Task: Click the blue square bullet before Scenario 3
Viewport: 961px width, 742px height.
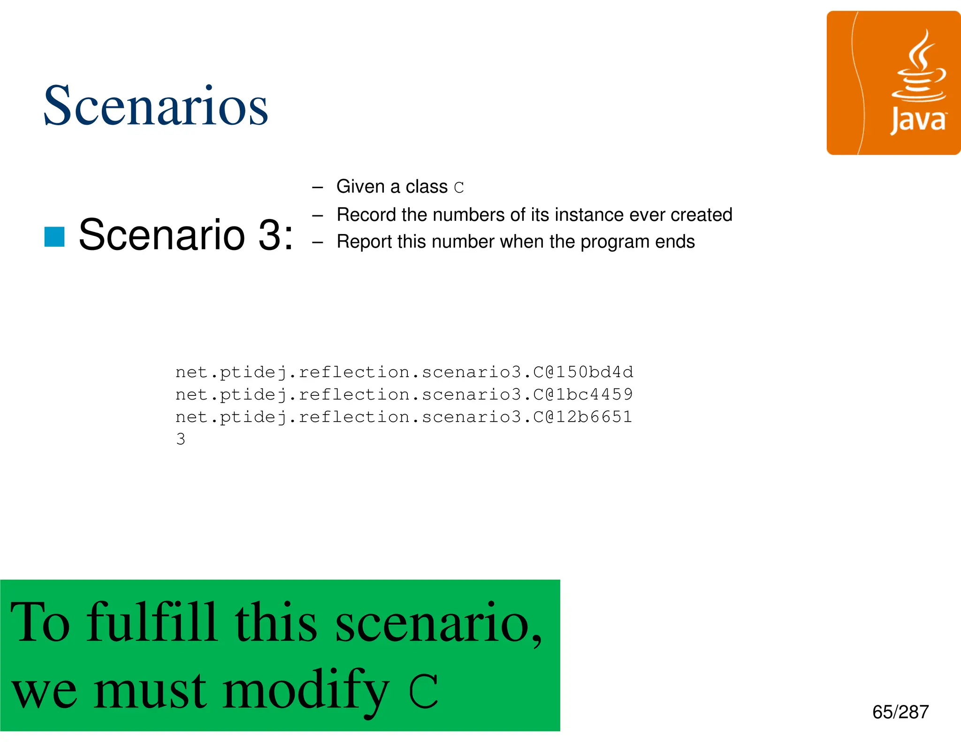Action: pyautogui.click(x=54, y=236)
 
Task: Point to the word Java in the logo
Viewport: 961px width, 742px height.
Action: pyautogui.click(x=918, y=121)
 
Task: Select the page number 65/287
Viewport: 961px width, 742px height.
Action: pyautogui.click(x=900, y=712)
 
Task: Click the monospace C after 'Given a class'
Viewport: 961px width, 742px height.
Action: pyautogui.click(x=459, y=188)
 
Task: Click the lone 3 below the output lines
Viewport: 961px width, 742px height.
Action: pyautogui.click(x=181, y=439)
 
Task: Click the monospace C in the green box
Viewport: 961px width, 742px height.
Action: pyautogui.click(x=423, y=691)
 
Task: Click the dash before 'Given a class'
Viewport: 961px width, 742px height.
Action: pyautogui.click(x=318, y=188)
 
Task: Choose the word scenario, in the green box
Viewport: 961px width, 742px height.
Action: pyautogui.click(x=438, y=624)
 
